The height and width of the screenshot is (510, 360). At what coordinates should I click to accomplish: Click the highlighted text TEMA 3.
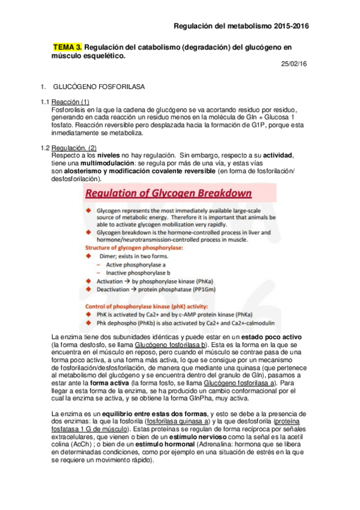67,46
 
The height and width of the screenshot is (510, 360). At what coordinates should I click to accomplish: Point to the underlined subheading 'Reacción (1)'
70,102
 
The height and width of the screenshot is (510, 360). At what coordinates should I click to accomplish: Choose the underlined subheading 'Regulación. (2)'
74,148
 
